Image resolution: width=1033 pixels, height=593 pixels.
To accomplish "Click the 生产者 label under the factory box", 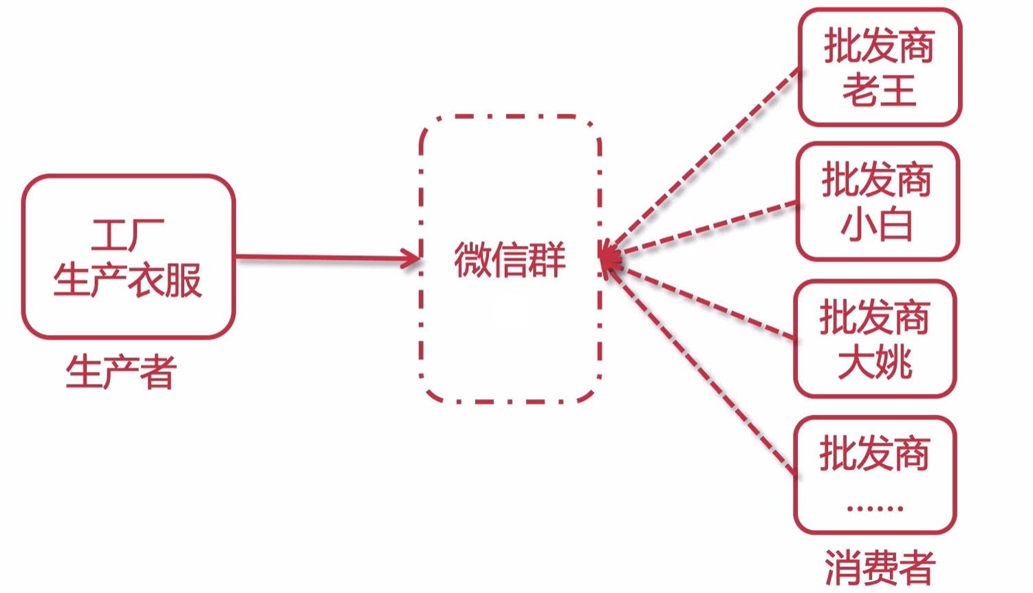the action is click(x=121, y=372).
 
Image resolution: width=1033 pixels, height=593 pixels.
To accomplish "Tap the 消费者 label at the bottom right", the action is click(x=880, y=568).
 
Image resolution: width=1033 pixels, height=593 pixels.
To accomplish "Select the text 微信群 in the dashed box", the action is click(x=509, y=260).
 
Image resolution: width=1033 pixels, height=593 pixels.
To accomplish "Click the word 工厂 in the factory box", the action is click(x=127, y=235).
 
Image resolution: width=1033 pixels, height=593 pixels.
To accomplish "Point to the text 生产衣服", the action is click(x=128, y=280).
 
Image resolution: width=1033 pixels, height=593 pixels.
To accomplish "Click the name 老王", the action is click(x=879, y=91).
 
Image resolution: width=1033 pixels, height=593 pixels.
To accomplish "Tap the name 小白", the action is click(x=876, y=225).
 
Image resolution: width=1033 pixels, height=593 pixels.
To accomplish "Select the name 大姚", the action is click(x=874, y=362).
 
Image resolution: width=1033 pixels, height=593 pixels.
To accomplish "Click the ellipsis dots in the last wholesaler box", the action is click(x=874, y=509).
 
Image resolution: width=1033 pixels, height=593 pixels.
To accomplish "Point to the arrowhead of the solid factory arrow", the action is click(x=413, y=259).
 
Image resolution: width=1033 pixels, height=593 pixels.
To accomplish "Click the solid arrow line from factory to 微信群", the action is click(x=323, y=258).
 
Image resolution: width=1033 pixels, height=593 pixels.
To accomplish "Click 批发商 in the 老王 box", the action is click(x=879, y=46).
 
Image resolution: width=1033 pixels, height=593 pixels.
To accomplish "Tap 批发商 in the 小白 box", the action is click(x=876, y=180).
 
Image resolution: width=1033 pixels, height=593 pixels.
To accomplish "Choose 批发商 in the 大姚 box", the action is click(x=874, y=317).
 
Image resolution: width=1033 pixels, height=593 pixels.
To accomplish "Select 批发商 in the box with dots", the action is click(x=874, y=453).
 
